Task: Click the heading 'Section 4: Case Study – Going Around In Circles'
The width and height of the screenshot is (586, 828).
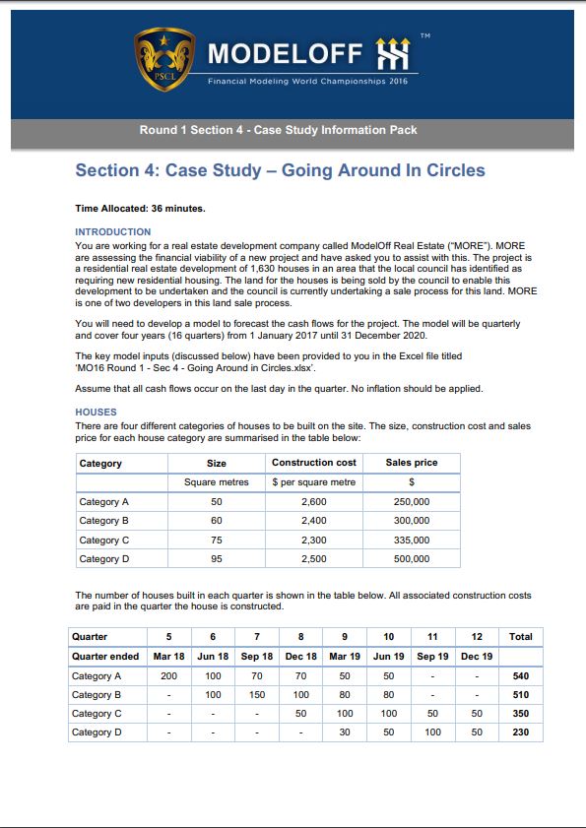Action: (x=280, y=170)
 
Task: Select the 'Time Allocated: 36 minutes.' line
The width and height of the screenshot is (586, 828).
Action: (x=141, y=209)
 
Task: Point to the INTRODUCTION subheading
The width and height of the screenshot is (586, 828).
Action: (x=113, y=231)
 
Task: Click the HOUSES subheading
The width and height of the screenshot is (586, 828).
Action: (x=96, y=413)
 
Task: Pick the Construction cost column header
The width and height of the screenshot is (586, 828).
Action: (x=313, y=463)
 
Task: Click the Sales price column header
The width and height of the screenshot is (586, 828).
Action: (x=412, y=463)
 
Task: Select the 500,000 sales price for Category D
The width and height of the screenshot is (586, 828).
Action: (x=412, y=558)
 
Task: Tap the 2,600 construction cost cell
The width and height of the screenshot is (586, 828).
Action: (x=313, y=502)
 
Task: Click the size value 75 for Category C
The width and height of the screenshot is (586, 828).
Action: (x=217, y=540)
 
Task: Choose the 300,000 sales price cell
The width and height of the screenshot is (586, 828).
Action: (x=412, y=521)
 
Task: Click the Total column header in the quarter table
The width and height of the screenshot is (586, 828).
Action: (x=521, y=636)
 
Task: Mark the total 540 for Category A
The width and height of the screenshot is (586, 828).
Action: (x=521, y=676)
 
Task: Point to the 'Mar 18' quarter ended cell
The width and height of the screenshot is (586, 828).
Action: (x=168, y=656)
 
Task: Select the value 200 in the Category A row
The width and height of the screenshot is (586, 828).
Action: (x=168, y=676)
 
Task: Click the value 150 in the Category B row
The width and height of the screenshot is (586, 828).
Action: (x=257, y=695)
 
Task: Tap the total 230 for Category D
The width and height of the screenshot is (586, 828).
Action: (x=521, y=732)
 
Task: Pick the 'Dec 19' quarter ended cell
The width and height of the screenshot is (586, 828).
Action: (x=477, y=656)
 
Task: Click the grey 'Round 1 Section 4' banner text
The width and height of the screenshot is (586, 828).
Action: (x=278, y=130)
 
